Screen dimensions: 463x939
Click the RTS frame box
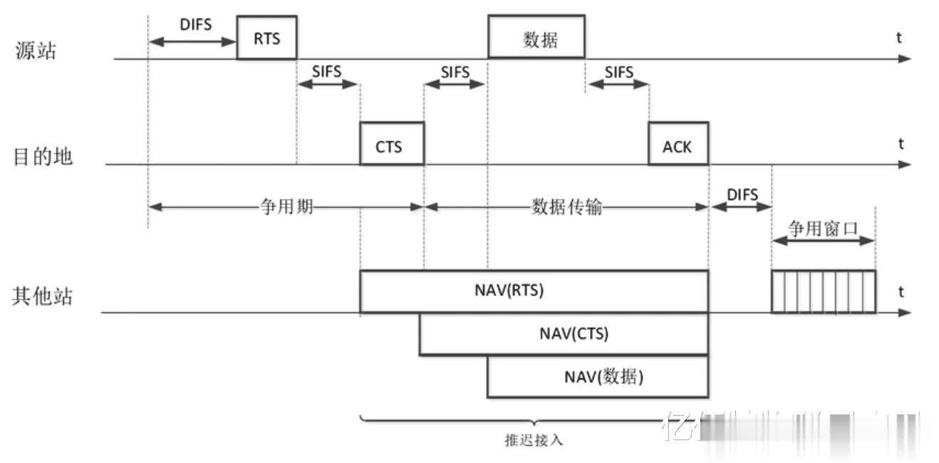(266, 38)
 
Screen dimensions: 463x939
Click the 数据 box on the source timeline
(536, 37)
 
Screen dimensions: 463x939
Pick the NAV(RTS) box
(534, 291)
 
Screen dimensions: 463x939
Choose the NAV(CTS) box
(563, 333)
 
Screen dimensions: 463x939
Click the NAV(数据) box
(597, 376)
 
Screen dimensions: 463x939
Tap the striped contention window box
(823, 291)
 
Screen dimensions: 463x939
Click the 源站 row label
(35, 51)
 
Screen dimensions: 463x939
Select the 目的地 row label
(43, 156)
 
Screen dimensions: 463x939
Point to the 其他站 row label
(42, 296)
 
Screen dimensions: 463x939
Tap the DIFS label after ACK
(742, 194)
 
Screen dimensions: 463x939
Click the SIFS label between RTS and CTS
(327, 71)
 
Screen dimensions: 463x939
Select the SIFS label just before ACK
(618, 71)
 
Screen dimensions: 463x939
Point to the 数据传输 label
(567, 207)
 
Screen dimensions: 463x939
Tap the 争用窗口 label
(822, 228)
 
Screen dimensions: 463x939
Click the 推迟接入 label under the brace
(534, 439)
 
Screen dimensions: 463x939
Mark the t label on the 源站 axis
(899, 38)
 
